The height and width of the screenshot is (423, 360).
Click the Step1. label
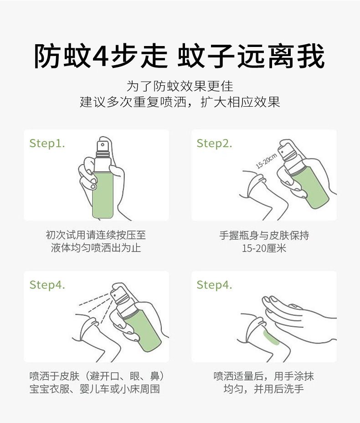tap(47, 144)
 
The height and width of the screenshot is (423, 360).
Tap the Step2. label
tap(214, 144)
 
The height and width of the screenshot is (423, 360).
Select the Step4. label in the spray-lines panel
tap(47, 285)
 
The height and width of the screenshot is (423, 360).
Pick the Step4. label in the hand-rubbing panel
tap(214, 285)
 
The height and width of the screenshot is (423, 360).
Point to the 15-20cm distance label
tap(266, 161)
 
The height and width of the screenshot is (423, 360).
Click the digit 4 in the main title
tap(101, 56)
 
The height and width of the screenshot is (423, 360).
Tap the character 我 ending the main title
tap(311, 56)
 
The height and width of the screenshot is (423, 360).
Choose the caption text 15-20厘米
tap(264, 248)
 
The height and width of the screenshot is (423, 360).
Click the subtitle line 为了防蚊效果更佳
tap(180, 86)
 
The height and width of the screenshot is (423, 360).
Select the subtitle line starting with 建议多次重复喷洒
tap(180, 102)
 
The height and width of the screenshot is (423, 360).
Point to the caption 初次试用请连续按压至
tap(96, 235)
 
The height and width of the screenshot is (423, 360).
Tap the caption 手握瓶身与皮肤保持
tap(264, 235)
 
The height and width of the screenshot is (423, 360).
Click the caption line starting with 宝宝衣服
tap(95, 389)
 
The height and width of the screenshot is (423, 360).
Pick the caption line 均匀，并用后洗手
tap(263, 389)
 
